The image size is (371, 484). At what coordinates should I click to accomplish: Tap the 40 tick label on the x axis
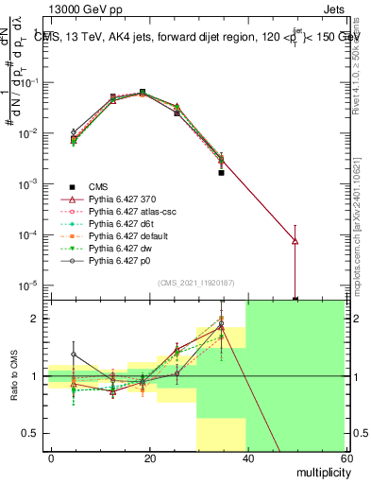[246, 458]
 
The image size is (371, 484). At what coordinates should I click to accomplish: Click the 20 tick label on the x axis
[149, 458]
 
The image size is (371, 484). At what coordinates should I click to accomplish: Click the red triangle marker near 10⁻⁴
[295, 241]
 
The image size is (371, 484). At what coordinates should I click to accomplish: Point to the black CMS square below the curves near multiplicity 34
[221, 173]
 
